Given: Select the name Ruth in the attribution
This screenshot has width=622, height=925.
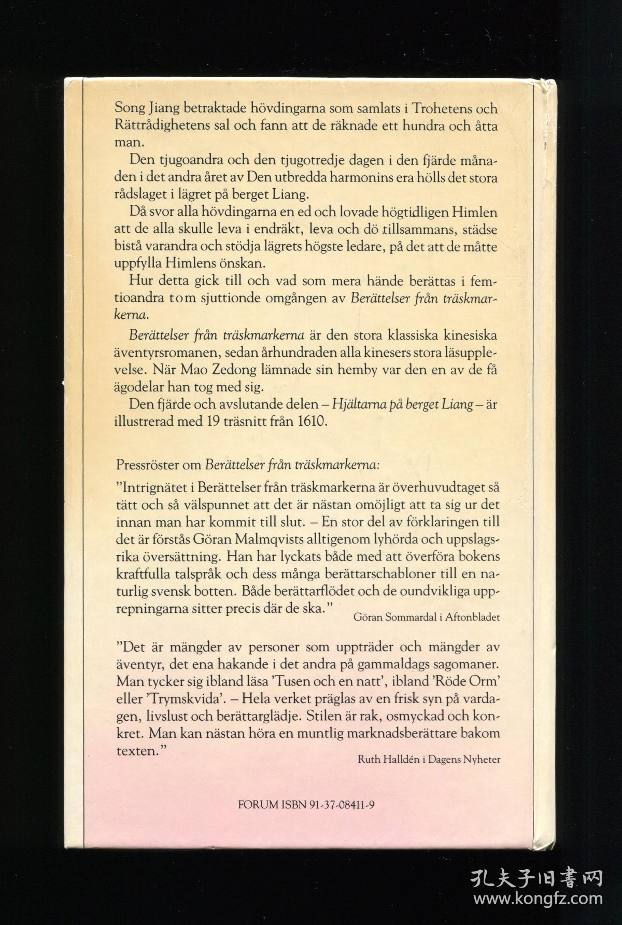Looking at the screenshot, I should click(368, 760).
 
